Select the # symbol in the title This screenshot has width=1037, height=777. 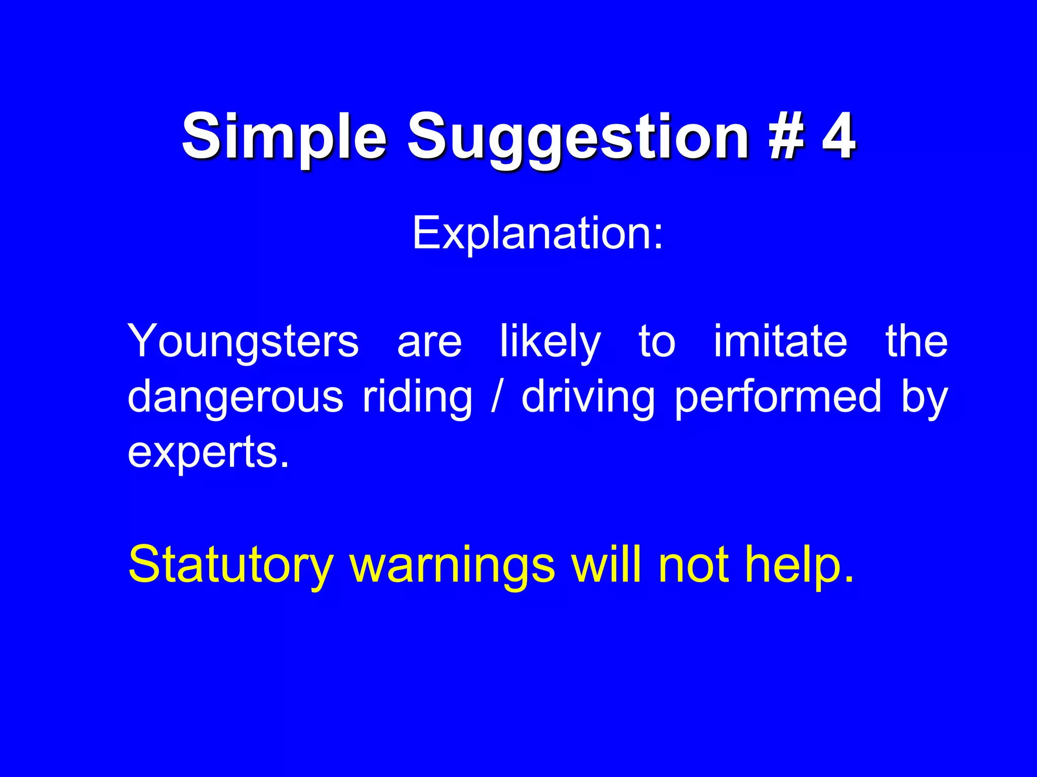(x=786, y=136)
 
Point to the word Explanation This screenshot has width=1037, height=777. (x=537, y=234)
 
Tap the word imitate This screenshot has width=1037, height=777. (x=780, y=341)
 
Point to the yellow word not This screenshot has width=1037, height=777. (x=694, y=565)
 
